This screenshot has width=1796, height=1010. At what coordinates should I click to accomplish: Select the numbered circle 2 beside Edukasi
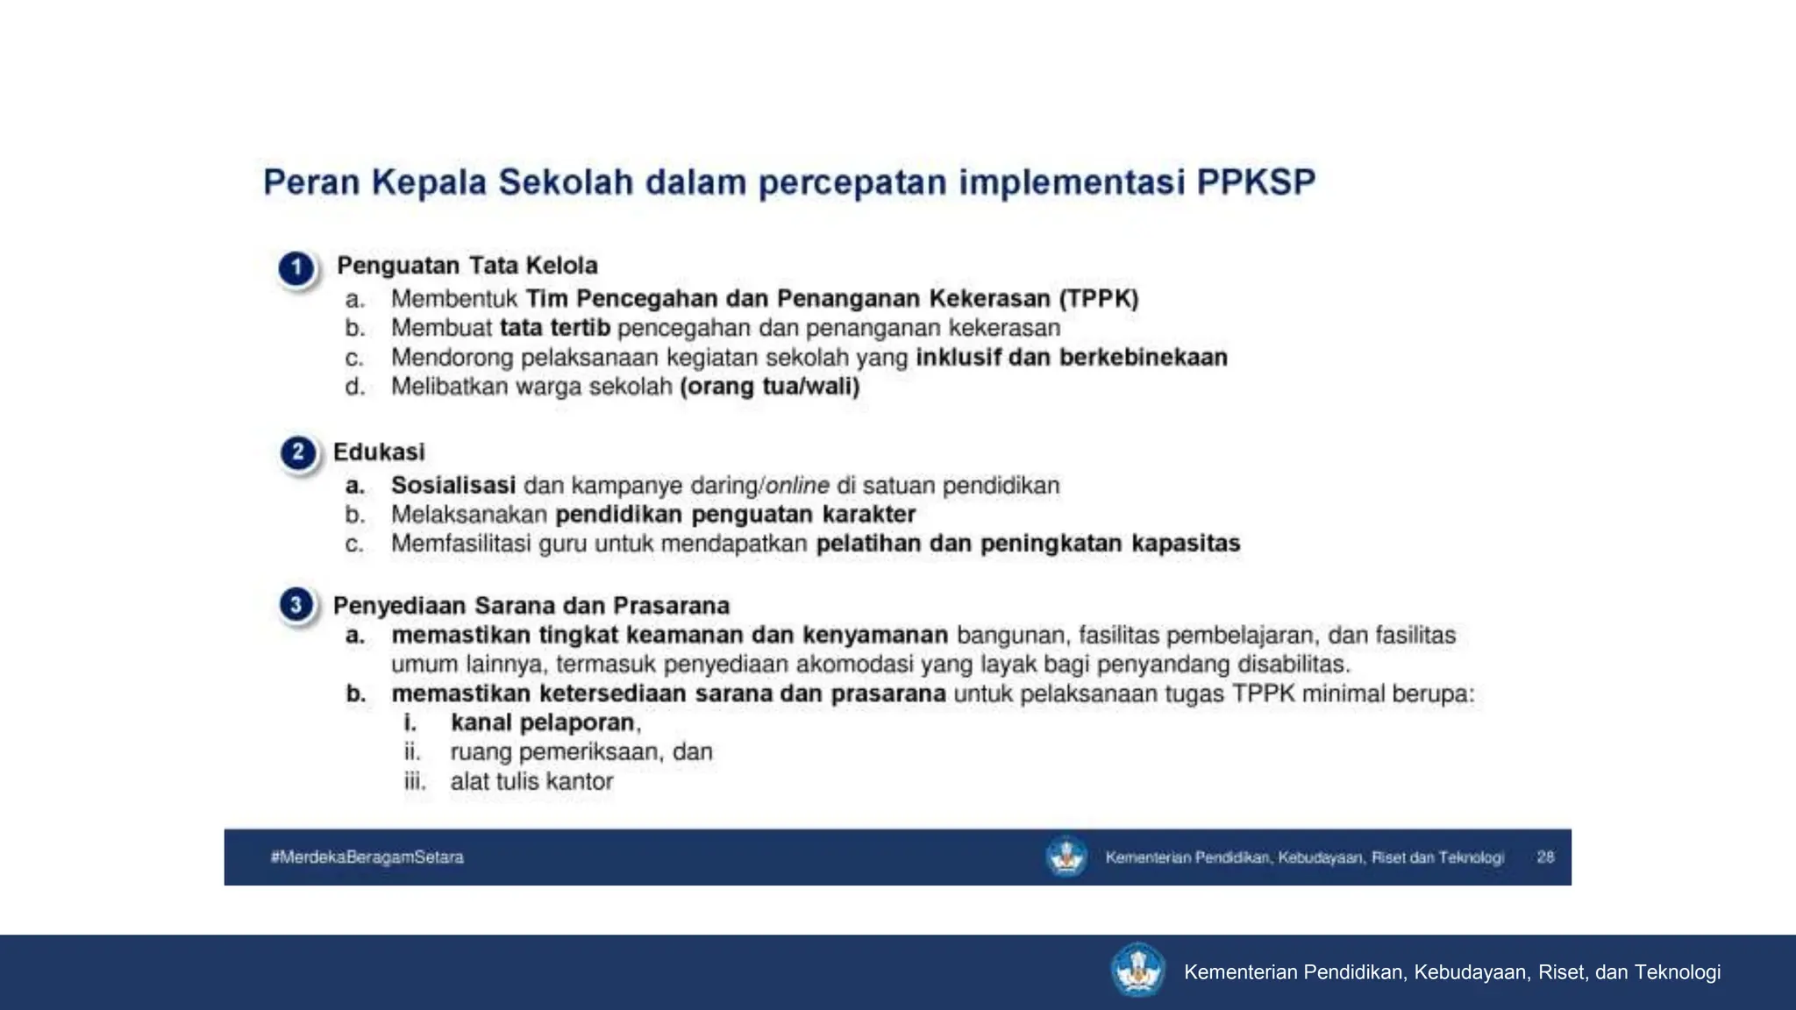click(298, 453)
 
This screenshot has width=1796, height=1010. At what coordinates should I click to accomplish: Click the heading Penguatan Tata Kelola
click(467, 266)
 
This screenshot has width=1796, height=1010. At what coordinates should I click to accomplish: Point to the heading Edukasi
click(379, 452)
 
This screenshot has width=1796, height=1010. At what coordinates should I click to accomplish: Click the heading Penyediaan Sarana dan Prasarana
click(531, 606)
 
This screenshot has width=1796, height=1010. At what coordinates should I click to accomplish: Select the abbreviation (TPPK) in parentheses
click(1098, 299)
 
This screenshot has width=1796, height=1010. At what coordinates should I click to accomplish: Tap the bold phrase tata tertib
click(554, 328)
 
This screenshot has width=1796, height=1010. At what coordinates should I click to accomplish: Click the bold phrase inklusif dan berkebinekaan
click(1071, 358)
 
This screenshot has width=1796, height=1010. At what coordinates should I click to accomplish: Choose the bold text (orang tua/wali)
click(769, 387)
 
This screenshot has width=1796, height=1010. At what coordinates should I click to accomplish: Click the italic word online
click(796, 486)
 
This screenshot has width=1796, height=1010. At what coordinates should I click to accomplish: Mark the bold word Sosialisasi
click(453, 486)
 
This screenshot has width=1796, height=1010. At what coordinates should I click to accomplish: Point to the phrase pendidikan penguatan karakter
click(735, 515)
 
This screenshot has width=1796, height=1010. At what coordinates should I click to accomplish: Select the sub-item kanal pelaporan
click(543, 723)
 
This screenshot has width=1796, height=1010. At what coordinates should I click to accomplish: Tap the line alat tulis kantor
click(531, 782)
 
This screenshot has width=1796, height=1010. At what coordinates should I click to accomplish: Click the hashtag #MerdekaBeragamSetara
click(367, 857)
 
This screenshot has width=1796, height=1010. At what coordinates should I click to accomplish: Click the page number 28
click(1545, 857)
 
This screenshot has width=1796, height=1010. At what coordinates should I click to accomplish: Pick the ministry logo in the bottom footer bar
click(1137, 971)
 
